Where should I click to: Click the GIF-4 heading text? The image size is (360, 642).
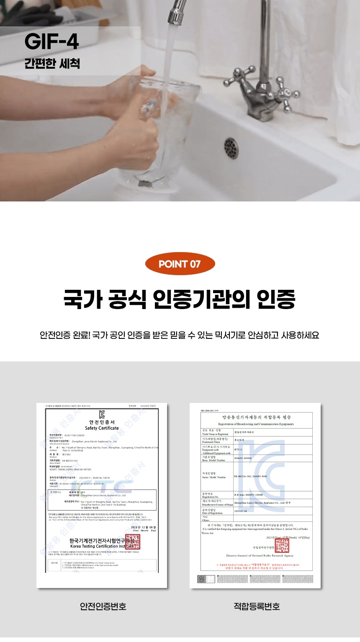(x=52, y=42)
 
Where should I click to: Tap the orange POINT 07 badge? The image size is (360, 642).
(x=180, y=264)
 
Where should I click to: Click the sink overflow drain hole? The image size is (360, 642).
(x=231, y=147)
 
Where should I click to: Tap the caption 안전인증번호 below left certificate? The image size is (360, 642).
(x=103, y=606)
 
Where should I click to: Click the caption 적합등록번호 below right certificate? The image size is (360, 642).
(x=257, y=606)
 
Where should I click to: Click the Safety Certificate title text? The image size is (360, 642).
(x=102, y=428)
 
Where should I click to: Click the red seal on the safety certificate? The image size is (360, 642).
(x=133, y=541)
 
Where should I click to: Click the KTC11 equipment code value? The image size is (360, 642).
(x=238, y=450)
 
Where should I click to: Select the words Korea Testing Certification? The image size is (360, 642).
(x=95, y=546)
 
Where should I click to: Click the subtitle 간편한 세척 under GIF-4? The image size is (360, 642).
(x=52, y=63)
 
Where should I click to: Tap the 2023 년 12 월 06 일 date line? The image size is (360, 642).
(x=143, y=527)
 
